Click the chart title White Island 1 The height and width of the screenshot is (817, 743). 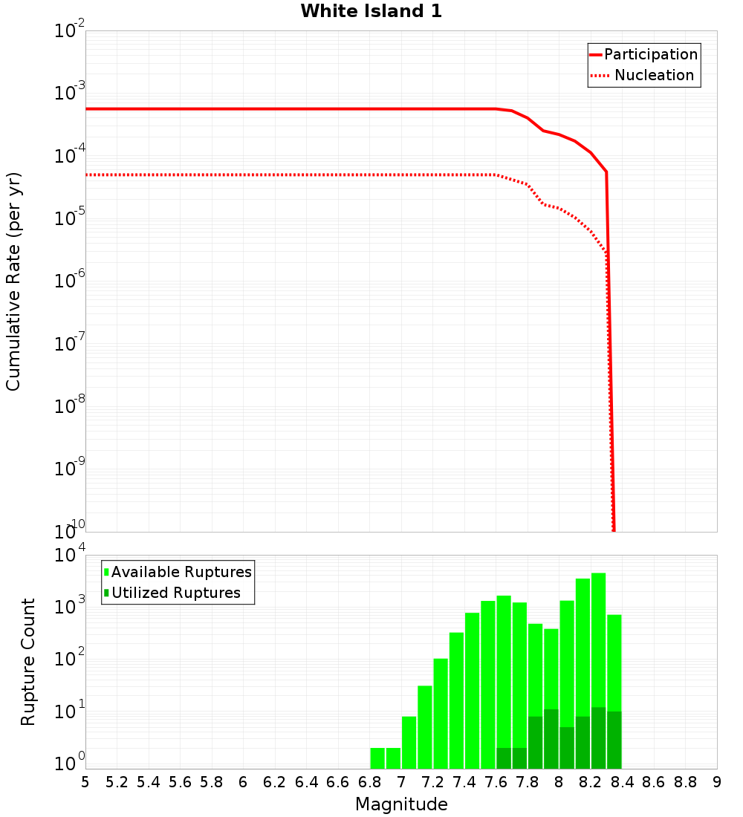371,11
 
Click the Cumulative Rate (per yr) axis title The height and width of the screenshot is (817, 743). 13,281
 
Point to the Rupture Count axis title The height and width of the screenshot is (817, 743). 28,662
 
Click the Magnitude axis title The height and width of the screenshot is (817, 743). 401,804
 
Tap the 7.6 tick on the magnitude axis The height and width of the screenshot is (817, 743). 496,782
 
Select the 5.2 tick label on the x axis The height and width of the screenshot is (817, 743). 117,782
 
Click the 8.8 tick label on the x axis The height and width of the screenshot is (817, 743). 685,782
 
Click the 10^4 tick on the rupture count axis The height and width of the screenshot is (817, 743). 68,556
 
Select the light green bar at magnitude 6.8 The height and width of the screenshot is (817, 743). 377,758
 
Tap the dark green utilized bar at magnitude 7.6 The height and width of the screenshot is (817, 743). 504,758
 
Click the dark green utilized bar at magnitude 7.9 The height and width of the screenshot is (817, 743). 551,739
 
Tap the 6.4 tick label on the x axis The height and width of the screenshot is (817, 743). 306,782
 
